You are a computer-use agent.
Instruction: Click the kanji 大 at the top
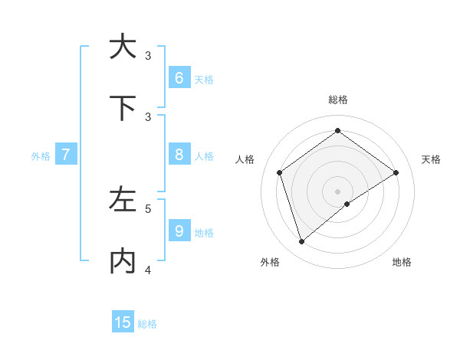click(x=123, y=47)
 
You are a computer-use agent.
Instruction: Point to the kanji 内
click(x=123, y=261)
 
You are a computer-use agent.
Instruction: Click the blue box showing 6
click(x=179, y=78)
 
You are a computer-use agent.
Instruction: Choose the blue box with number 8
click(x=179, y=155)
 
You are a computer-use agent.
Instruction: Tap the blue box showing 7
click(x=66, y=155)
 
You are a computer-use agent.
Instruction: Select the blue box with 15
click(x=123, y=322)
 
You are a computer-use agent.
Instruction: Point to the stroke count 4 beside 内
click(x=148, y=270)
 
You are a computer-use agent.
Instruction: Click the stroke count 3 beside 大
click(x=148, y=55)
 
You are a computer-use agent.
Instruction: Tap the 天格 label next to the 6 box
click(x=204, y=80)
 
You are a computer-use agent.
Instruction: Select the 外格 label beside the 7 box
click(x=41, y=156)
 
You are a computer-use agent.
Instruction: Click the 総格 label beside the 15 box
click(x=147, y=324)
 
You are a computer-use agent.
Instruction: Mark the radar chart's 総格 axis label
click(x=337, y=100)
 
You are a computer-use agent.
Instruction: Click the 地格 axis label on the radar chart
click(x=402, y=263)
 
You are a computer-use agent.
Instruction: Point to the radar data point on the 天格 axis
click(x=396, y=172)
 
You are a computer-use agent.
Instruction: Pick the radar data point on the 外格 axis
click(x=301, y=242)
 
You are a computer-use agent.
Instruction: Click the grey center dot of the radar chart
click(x=337, y=191)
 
